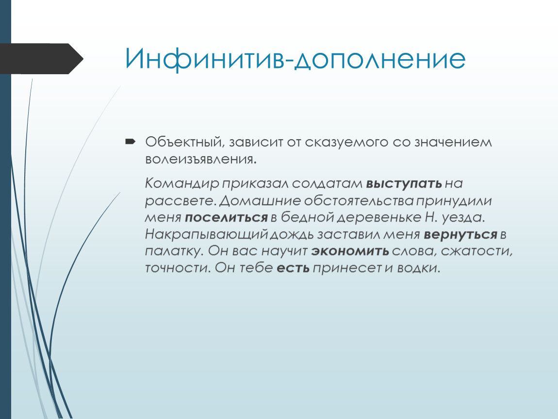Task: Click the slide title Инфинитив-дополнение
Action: (x=295, y=59)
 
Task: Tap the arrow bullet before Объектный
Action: (x=130, y=142)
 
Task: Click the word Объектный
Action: (x=184, y=142)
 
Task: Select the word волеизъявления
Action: (x=201, y=159)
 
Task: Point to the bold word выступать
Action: (x=404, y=184)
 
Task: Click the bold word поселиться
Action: (x=226, y=217)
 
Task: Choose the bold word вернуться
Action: (x=460, y=234)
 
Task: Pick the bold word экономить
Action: (x=350, y=251)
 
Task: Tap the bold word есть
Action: (x=293, y=268)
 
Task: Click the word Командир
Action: (x=182, y=183)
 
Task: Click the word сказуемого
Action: (x=346, y=142)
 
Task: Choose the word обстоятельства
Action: (x=359, y=201)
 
